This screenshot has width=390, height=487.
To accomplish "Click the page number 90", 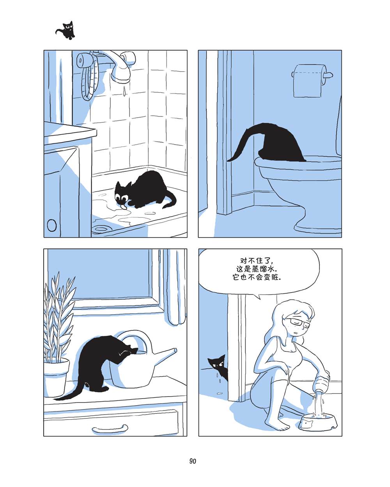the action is (193, 461).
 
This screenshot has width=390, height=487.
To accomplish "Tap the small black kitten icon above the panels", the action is (66, 30).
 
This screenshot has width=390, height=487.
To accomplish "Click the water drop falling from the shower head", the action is (124, 91).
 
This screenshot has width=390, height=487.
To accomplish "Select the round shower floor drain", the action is (101, 229).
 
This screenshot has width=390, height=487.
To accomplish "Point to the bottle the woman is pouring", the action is (322, 382).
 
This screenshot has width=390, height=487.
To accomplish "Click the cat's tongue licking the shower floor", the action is (122, 206).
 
